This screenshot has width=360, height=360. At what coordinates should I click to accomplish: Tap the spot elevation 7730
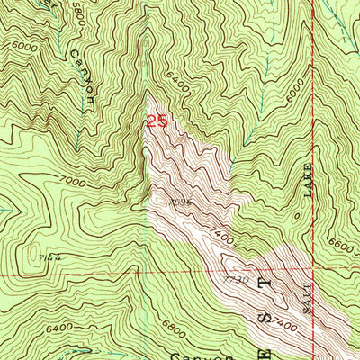pos(237,281)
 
